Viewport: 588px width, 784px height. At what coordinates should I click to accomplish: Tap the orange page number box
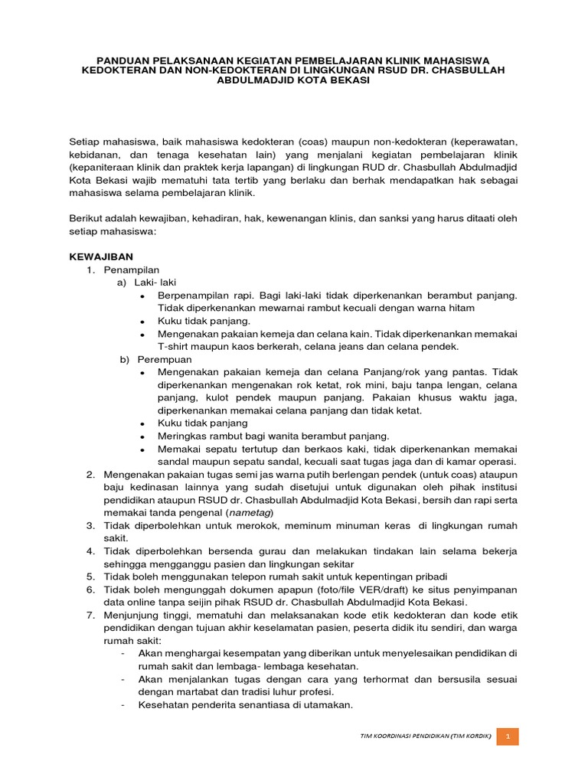[508, 737]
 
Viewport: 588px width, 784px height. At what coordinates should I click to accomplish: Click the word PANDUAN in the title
[127, 60]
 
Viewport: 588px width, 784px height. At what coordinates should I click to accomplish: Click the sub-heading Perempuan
[165, 358]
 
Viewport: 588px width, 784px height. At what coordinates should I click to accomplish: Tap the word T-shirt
[175, 346]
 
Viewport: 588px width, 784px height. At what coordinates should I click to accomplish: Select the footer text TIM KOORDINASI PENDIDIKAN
[401, 737]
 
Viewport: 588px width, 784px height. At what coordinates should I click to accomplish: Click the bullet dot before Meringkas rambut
[143, 436]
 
